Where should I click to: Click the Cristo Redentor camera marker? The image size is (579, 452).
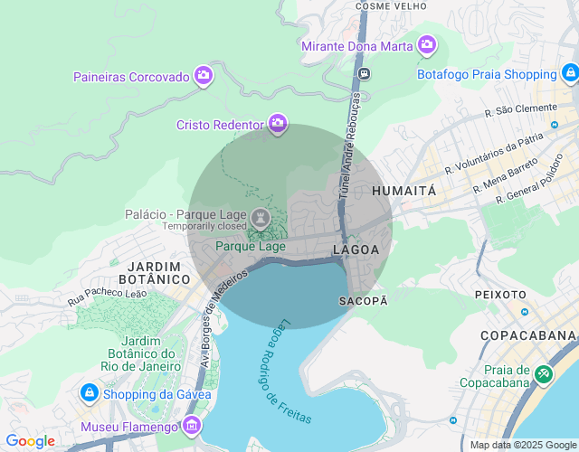277,124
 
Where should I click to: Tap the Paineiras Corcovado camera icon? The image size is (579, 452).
204,76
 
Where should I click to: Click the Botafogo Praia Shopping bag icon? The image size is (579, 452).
570,73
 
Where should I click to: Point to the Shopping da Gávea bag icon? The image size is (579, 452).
90,393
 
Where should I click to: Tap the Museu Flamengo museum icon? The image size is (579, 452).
192,426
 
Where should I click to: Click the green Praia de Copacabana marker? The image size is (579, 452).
543,373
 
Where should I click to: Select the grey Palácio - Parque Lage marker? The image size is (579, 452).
261,217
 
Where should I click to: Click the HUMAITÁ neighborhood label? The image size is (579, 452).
403,192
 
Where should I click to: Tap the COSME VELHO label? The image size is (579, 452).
391,5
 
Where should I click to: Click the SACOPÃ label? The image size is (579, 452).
363,300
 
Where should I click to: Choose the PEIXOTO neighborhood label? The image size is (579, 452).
499,295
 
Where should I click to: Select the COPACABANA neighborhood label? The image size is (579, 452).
527,335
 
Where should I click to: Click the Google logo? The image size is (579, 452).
30,441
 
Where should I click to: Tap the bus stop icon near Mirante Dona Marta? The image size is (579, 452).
364,73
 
